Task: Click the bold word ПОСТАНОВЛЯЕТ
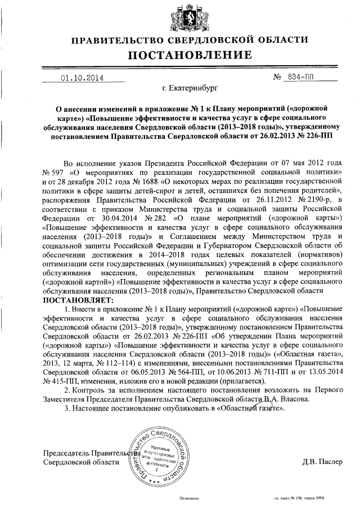pyautogui.click(x=76, y=300)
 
